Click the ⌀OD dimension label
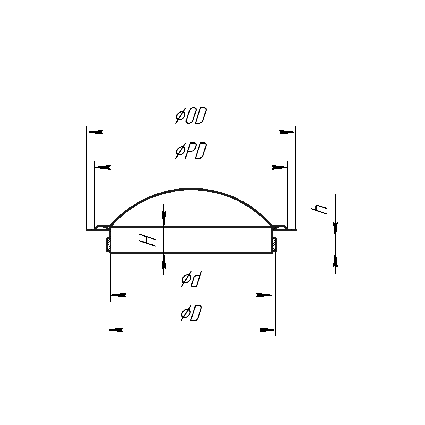click(191, 116)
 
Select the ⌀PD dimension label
click(191, 151)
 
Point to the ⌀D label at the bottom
click(191, 314)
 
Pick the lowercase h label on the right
click(319, 208)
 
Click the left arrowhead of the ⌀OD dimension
click(95, 132)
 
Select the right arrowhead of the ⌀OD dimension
click(287, 132)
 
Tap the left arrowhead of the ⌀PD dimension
click(103, 167)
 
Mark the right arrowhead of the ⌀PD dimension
click(280, 167)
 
